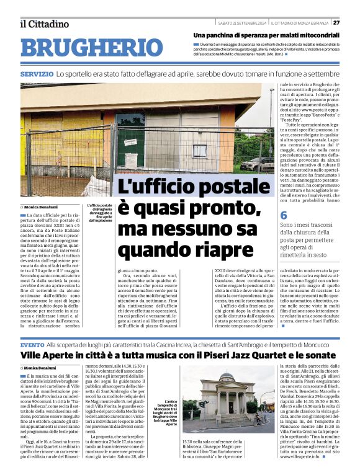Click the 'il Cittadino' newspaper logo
44,24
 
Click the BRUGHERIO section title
91,48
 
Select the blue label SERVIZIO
36,74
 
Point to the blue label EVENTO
32,344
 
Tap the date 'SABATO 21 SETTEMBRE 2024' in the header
243,23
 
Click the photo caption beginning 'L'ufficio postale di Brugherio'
99,213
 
